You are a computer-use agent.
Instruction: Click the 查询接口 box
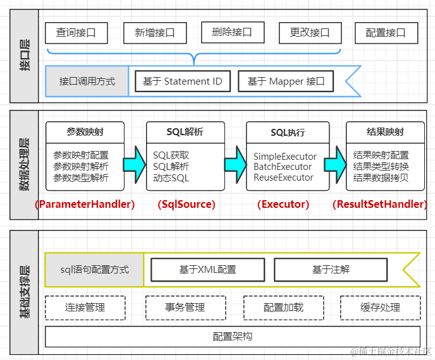[x=76, y=33]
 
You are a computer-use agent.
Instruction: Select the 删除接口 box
[x=232, y=32]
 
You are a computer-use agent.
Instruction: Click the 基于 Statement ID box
[x=183, y=81]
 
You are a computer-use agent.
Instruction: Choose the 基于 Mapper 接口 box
[x=286, y=81]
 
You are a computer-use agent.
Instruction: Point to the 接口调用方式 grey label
[x=87, y=81]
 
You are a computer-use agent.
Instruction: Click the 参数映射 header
[x=85, y=132]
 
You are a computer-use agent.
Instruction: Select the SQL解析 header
[x=185, y=132]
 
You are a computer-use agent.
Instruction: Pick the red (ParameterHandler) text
[x=85, y=204]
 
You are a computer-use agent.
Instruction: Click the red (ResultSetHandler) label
[x=379, y=204]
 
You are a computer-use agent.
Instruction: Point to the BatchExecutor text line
[x=283, y=167]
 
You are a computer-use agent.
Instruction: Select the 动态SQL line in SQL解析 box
[x=171, y=178]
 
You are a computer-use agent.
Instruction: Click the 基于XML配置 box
[x=207, y=270]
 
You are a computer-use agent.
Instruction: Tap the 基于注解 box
[x=330, y=270]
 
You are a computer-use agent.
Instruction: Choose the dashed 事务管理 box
[x=185, y=308]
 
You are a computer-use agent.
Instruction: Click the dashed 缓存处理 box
[x=381, y=308]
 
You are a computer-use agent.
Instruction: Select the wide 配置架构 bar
[x=232, y=337]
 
